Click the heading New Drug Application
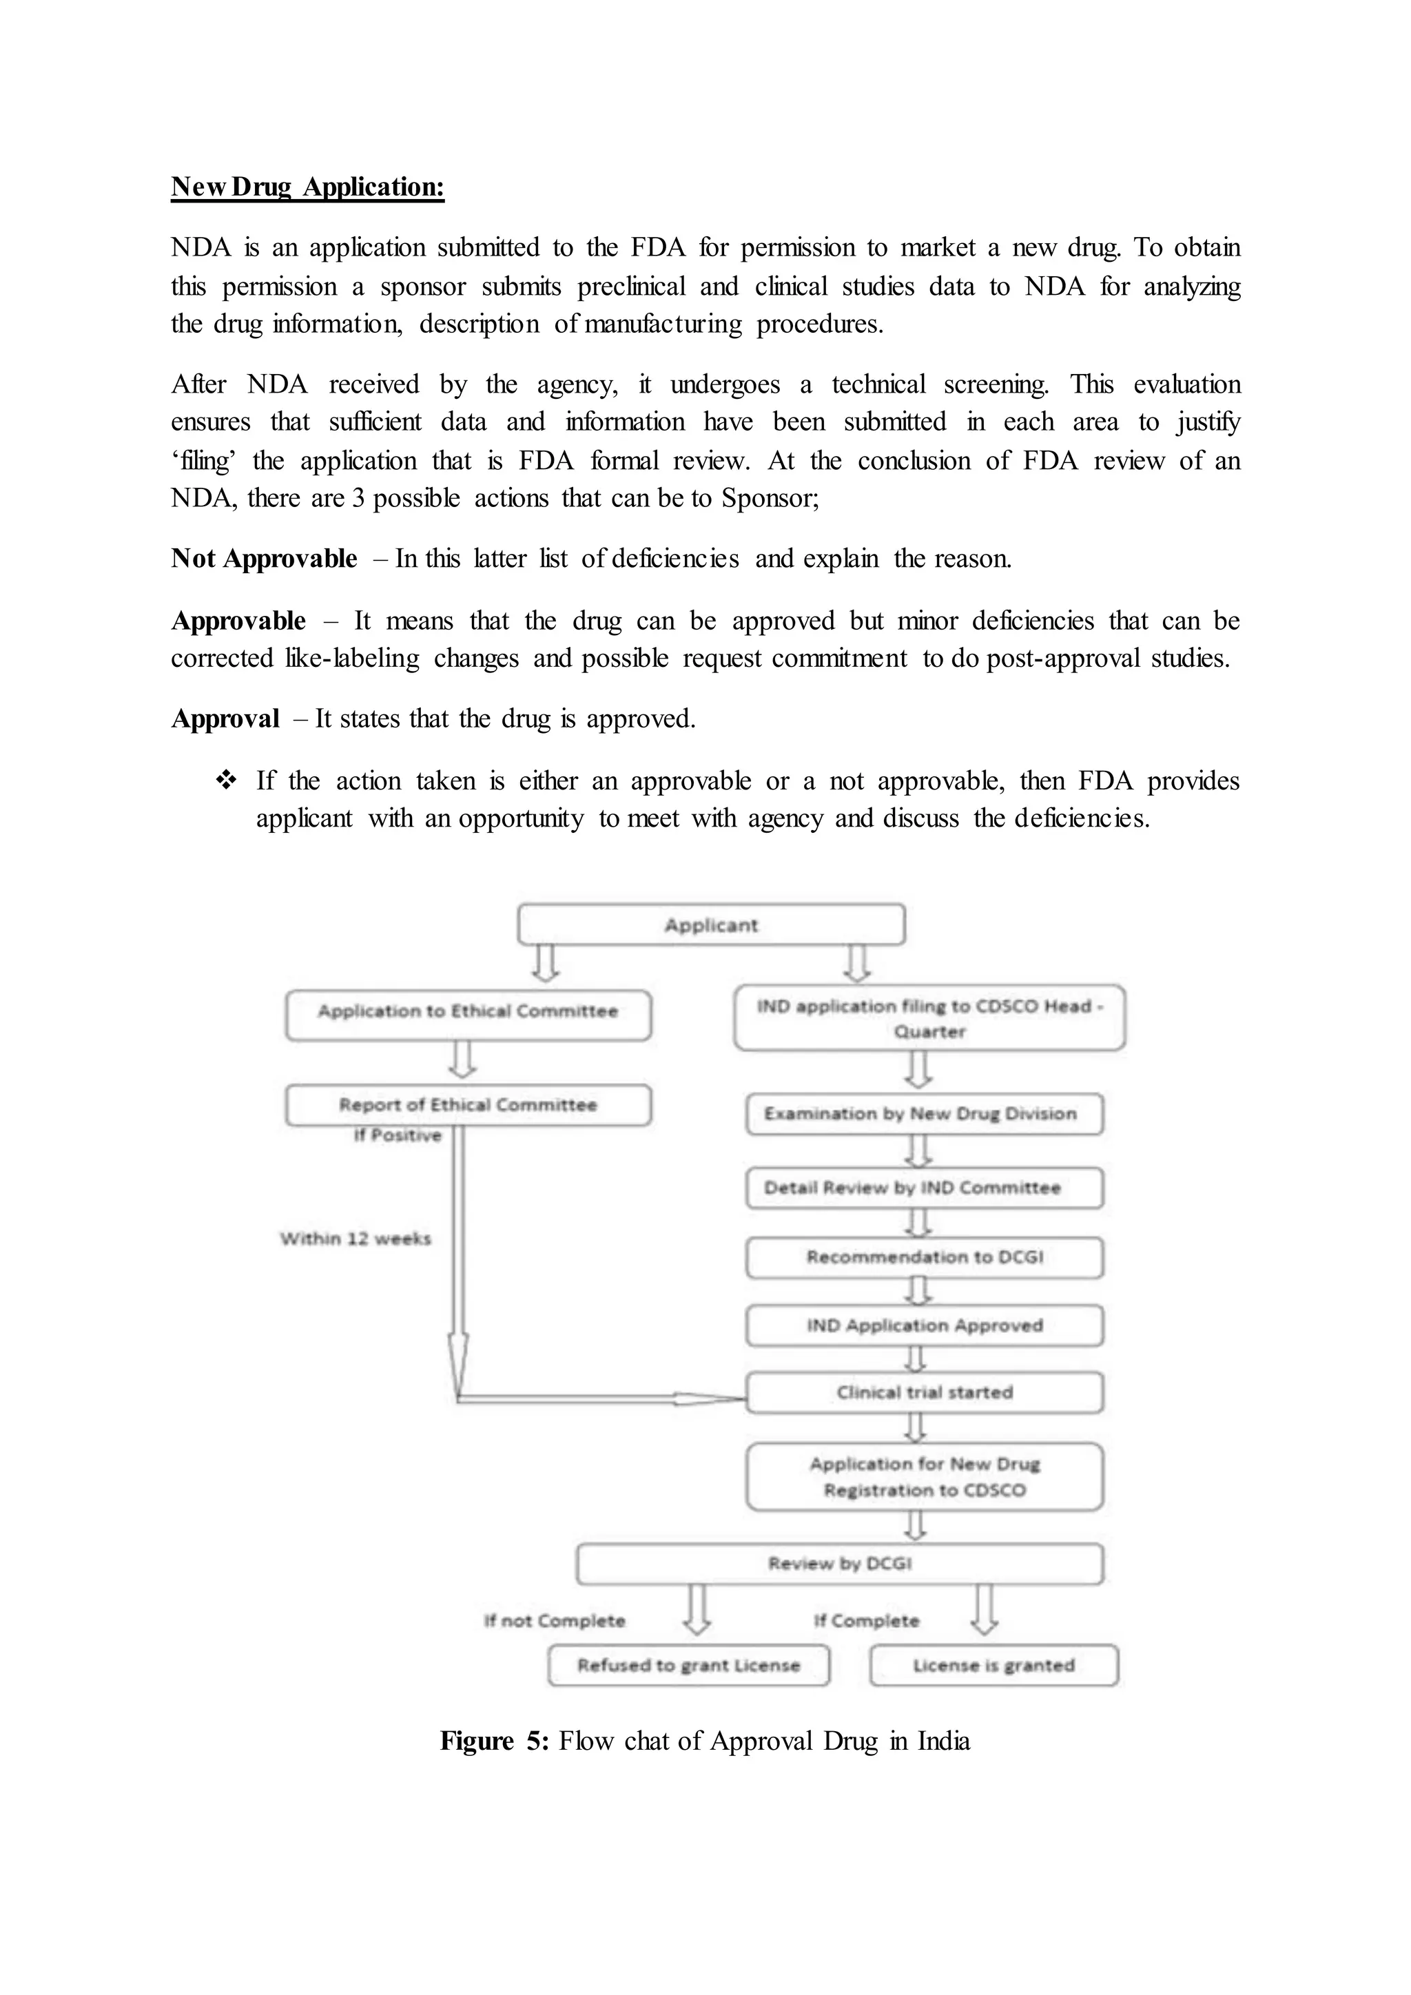coord(307,187)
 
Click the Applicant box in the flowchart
coord(711,924)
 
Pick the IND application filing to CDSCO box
coord(929,1018)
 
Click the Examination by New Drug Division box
coord(924,1114)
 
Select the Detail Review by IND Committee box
coord(924,1188)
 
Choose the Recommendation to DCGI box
coord(924,1257)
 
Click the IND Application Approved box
coord(924,1325)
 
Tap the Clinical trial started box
coord(924,1393)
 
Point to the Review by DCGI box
coord(839,1564)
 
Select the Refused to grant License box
coord(688,1666)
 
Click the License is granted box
coord(993,1666)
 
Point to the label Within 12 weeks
coord(356,1239)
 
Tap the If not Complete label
coord(555,1622)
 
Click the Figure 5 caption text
coord(705,1741)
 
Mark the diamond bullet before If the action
coord(226,781)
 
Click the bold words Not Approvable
coord(264,559)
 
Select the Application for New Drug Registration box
coord(924,1477)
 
